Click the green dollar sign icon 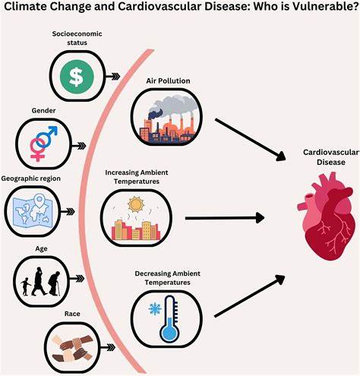(77, 77)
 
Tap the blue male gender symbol (48, 136)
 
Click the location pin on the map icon (39, 201)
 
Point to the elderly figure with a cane (55, 283)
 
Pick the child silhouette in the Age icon (25, 286)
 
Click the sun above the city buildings (136, 204)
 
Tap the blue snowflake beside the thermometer (155, 309)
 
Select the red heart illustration (327, 216)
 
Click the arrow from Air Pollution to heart (251, 140)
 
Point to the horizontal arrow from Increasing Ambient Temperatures (225, 218)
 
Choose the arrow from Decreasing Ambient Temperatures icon (250, 295)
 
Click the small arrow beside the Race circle (108, 347)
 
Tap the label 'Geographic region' (31, 179)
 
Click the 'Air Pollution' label (168, 81)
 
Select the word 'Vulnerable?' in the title (325, 6)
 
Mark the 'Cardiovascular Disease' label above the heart (331, 157)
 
